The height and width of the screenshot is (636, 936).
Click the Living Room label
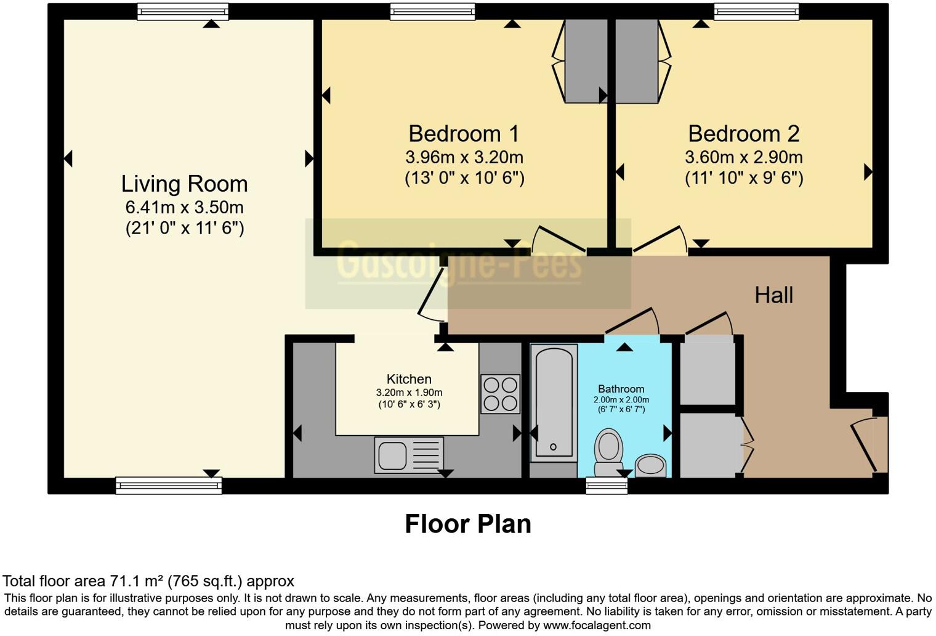tap(184, 184)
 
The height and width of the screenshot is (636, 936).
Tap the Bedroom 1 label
tap(464, 134)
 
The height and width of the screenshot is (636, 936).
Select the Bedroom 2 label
tap(743, 134)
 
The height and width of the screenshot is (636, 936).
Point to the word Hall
tap(773, 295)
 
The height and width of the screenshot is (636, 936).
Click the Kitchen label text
tap(409, 379)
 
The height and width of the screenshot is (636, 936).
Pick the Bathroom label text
tap(621, 389)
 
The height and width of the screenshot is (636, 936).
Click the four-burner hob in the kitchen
tap(500, 394)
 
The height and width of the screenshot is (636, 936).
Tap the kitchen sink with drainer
tap(409, 455)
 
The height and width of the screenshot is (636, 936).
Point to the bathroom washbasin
tap(650, 465)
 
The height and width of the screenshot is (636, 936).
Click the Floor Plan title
tap(467, 524)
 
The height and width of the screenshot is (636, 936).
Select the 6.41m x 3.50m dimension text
tap(184, 207)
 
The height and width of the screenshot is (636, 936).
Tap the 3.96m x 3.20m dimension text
tap(464, 157)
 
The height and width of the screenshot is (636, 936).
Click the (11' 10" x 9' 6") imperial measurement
tap(743, 178)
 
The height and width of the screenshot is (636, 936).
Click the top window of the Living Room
tap(182, 12)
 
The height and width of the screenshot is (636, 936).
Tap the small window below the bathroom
tap(607, 486)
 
